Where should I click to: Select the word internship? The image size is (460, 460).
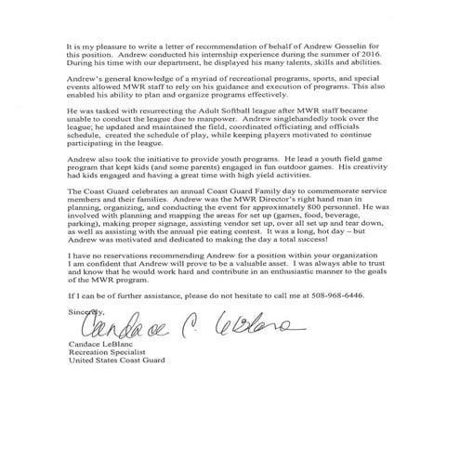[x=209, y=57]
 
